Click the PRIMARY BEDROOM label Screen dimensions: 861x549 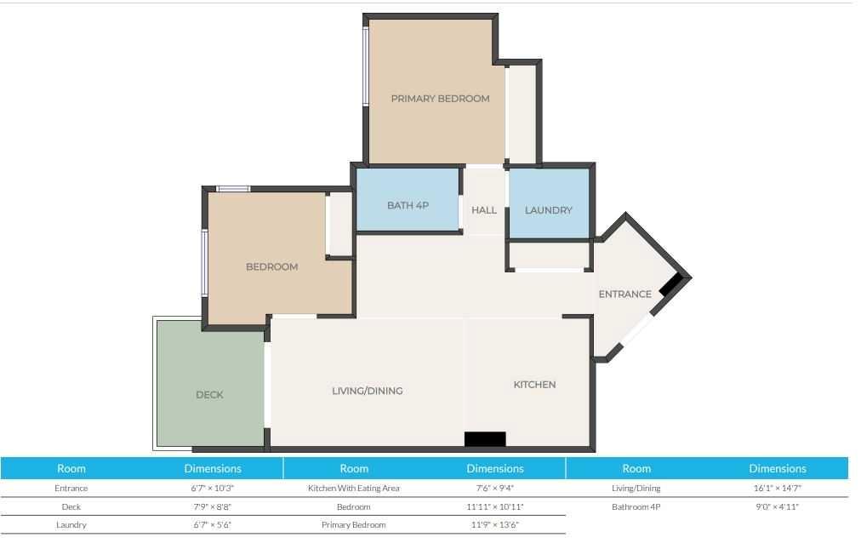440,99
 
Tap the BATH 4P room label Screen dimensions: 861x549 408,205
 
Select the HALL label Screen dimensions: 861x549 484,210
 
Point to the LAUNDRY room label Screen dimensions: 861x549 548,210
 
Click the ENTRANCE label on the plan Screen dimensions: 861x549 624,294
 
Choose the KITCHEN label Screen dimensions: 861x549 534,385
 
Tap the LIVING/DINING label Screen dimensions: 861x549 368,391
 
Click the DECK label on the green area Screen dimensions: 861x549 210,395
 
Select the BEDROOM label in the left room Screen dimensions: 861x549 271,267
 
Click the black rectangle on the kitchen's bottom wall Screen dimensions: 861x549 485,439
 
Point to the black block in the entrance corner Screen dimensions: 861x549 670,286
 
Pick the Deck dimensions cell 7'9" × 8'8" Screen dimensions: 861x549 212,506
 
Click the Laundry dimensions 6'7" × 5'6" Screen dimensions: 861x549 212,525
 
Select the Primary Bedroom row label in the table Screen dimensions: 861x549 354,525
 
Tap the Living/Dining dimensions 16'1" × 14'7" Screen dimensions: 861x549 777,488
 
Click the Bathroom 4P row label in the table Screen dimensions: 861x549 636,506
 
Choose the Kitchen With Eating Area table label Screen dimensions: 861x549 354,488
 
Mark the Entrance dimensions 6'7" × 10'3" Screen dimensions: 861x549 212,488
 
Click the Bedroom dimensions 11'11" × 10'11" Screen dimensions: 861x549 495,506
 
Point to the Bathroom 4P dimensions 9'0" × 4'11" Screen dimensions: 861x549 777,506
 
